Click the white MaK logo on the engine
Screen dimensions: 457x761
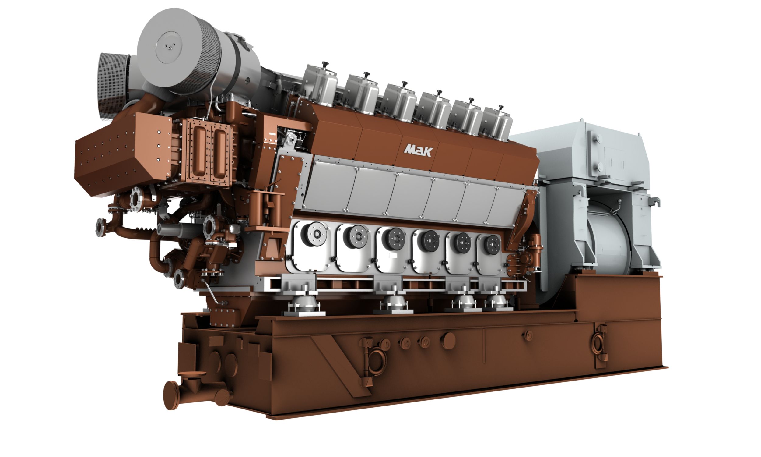418,151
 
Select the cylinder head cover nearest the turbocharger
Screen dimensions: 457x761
320,82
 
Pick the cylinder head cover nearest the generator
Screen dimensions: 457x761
498,123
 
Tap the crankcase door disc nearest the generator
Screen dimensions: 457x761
492,245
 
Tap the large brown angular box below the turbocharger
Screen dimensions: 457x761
123,154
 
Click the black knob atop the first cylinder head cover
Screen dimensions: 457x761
325,65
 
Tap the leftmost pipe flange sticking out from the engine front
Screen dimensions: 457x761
100,228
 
